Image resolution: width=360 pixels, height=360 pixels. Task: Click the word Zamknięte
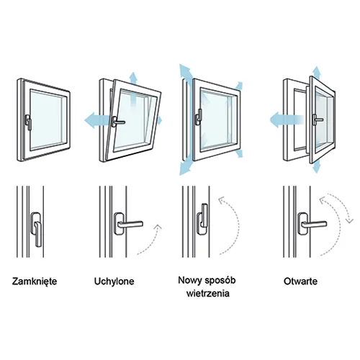[x=35, y=282]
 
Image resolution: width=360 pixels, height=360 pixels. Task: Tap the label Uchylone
[x=114, y=282]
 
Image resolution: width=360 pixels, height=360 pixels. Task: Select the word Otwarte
[x=300, y=281]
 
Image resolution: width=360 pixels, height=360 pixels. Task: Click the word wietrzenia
[x=208, y=293]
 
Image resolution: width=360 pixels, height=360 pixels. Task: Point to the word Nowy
[x=189, y=280]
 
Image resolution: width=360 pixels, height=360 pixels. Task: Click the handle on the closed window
[x=28, y=122]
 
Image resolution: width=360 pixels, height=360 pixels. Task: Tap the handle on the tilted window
[x=117, y=122]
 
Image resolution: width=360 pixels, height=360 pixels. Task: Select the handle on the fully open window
[x=317, y=120]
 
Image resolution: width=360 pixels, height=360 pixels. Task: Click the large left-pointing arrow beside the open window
[x=287, y=120]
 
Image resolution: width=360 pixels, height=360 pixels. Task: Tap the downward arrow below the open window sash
[x=317, y=166]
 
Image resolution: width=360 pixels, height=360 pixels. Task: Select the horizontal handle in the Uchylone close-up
[x=130, y=224]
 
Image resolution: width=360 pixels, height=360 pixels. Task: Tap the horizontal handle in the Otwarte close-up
[x=313, y=224]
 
